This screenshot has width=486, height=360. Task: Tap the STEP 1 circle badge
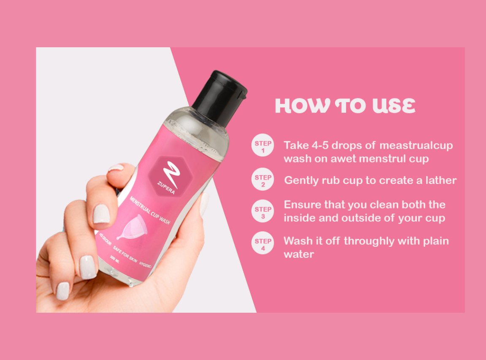pyautogui.click(x=263, y=146)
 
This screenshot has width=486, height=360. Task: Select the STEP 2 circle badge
pyautogui.click(x=263, y=180)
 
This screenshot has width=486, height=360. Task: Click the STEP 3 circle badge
pyautogui.click(x=263, y=211)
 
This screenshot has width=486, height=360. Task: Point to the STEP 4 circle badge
pyautogui.click(x=263, y=244)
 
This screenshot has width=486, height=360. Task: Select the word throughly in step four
pyautogui.click(x=369, y=241)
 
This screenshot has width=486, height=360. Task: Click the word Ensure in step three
pyautogui.click(x=302, y=205)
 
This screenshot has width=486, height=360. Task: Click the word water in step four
pyautogui.click(x=299, y=254)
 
